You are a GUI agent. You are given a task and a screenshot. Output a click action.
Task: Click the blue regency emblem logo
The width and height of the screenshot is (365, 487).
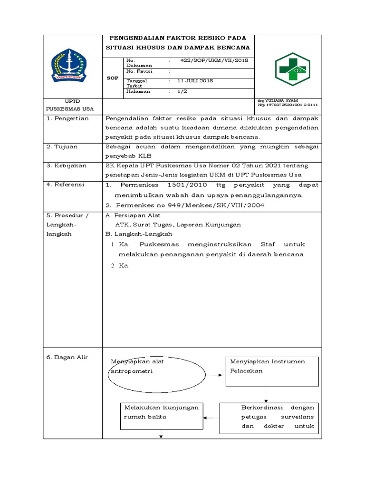tap(68, 66)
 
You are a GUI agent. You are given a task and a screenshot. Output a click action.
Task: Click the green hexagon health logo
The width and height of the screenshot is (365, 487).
tap(292, 69)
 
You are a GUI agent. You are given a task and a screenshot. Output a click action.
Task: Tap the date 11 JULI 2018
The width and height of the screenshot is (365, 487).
tap(195, 81)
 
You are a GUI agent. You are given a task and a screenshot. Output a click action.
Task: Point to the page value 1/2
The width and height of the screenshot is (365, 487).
tap(182, 91)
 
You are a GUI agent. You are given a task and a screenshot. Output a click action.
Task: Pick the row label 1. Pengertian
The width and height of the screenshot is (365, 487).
tap(68, 118)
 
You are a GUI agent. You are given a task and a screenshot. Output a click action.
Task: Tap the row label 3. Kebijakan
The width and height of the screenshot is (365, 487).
tap(67, 166)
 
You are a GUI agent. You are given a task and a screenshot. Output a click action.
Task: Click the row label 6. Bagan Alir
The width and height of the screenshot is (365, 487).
tap(67, 357)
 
